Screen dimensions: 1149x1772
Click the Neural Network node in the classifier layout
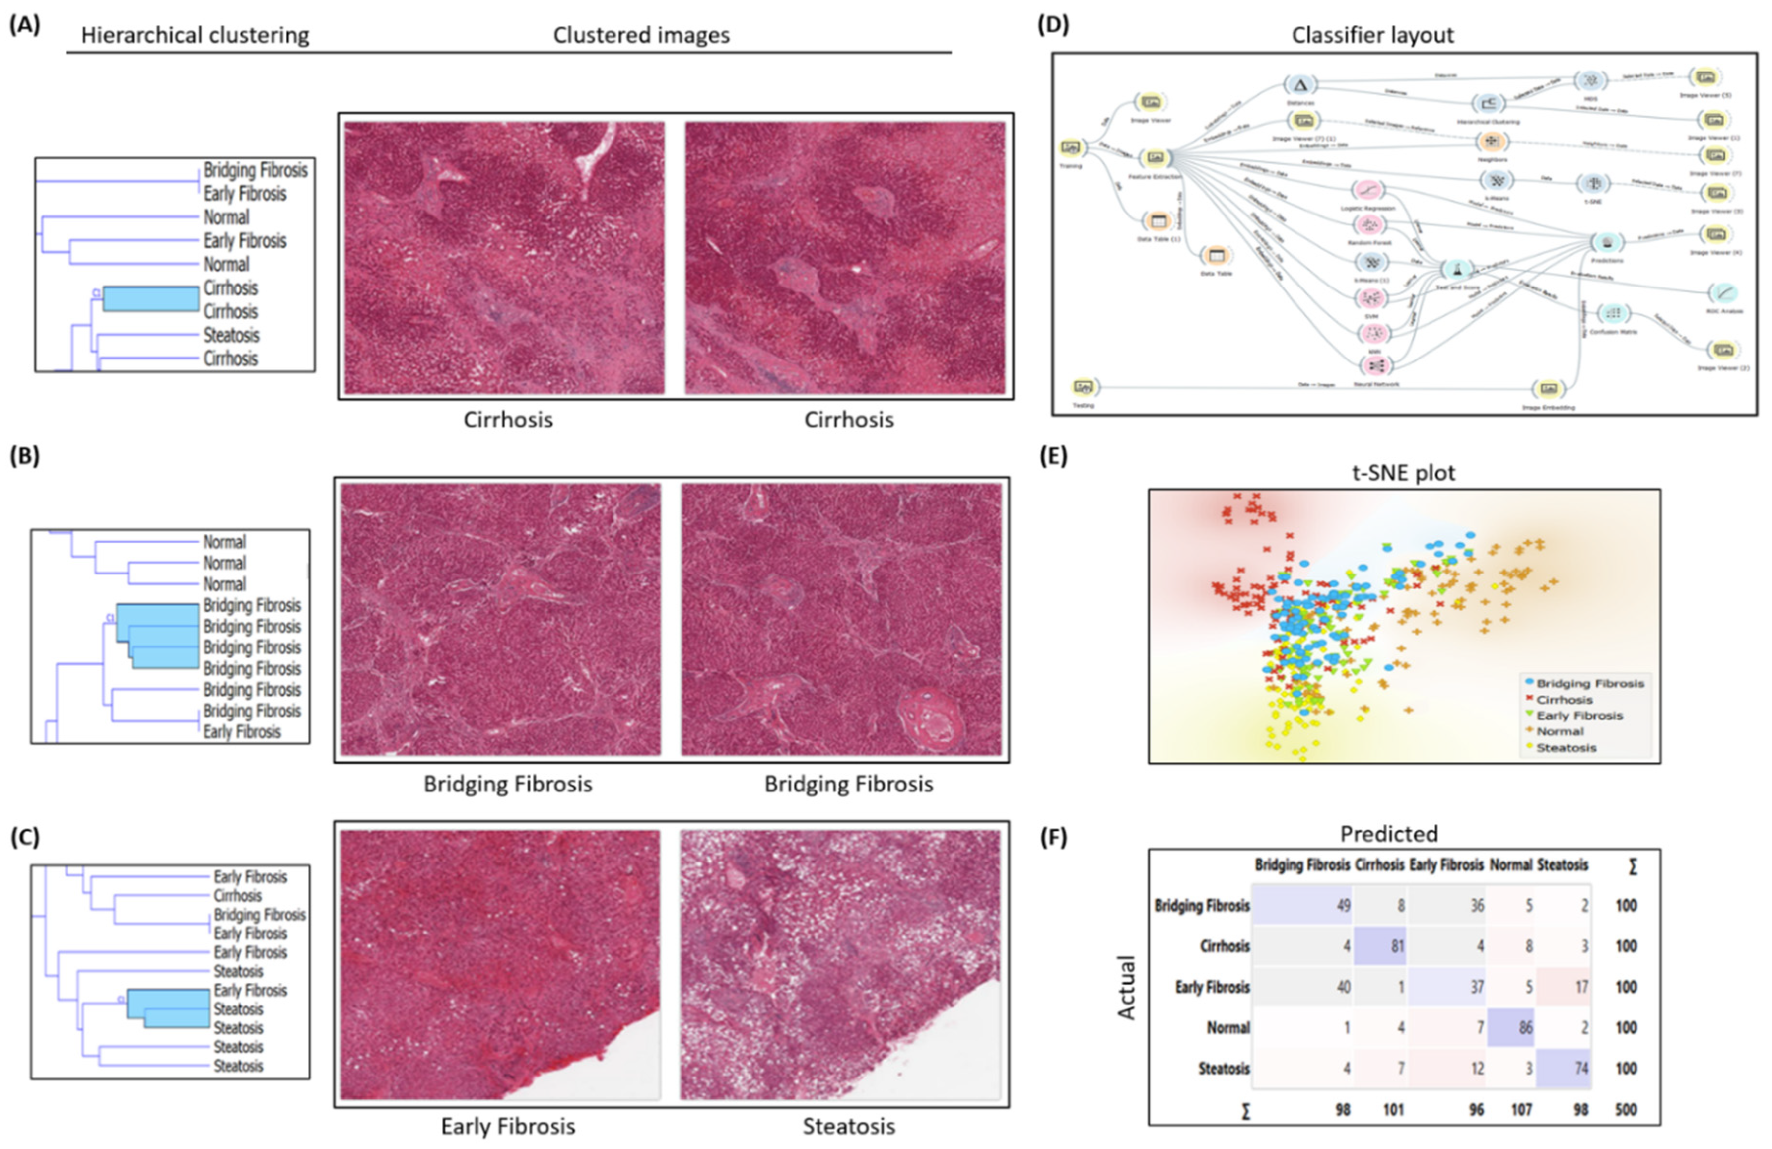[x=1376, y=365]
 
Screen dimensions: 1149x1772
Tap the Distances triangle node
[x=1300, y=85]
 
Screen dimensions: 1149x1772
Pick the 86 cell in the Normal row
[x=1511, y=1028]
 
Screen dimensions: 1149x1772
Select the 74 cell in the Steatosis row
[x=1564, y=1068]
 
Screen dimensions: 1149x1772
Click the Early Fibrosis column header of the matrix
[x=1446, y=865]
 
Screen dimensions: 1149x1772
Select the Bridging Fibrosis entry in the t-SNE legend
[x=1589, y=683]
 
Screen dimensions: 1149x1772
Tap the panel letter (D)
[x=1053, y=25]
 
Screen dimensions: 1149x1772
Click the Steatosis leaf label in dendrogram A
[x=231, y=335]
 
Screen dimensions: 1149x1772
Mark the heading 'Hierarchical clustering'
[x=195, y=35]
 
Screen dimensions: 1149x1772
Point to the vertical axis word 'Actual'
[x=1126, y=987]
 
